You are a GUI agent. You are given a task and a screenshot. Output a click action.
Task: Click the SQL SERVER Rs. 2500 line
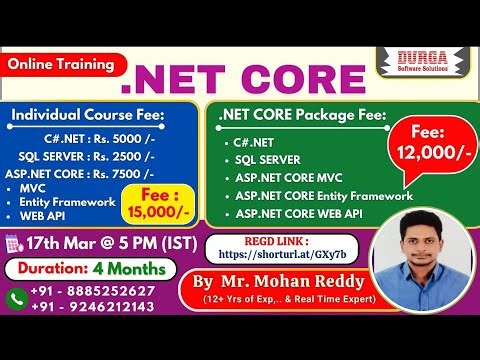[86, 156]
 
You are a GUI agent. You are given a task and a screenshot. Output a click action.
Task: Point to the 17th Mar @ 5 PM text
[103, 243]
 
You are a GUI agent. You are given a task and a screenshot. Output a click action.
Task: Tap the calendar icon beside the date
[13, 243]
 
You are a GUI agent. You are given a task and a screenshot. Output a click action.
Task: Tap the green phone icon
[17, 298]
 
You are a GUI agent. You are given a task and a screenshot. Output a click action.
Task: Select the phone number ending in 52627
[92, 291]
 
